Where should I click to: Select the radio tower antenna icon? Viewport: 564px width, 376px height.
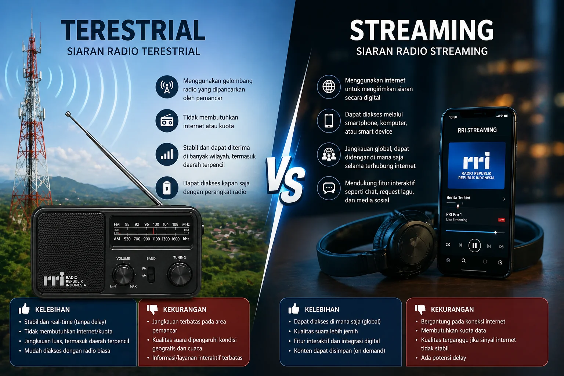coord(167,87)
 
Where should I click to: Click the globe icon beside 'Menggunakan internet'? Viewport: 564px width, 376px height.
coord(329,87)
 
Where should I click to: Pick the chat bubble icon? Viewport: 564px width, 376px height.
coord(329,188)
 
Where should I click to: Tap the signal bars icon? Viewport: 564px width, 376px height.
coord(167,154)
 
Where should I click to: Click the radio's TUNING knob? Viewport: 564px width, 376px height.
coord(180,274)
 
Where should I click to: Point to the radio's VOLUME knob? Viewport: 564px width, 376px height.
coord(123,275)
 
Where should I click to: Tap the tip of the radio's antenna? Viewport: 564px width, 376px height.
coord(68,114)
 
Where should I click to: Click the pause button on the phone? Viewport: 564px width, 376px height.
coord(474,245)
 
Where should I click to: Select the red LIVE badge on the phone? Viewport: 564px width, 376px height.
coord(501,220)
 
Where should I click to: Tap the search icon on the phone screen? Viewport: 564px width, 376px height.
coord(463,261)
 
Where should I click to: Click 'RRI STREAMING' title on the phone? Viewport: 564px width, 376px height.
coord(477,130)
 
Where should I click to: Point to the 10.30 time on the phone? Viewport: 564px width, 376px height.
coord(453,117)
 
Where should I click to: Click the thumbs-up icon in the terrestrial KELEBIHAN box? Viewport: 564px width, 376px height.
coord(24,308)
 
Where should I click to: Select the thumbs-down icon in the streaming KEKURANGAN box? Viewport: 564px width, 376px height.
coord(420,309)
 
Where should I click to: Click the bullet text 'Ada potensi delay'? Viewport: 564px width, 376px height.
coord(444,358)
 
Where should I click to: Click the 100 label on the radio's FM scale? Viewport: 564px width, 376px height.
coord(156,224)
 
